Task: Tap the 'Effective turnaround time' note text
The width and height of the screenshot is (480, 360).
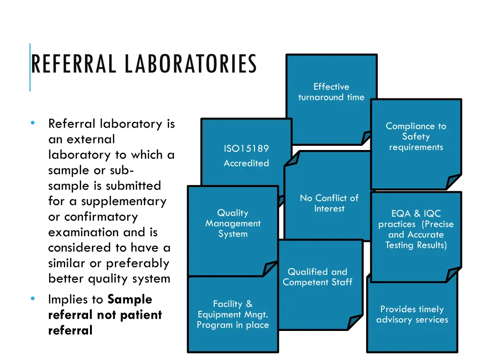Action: [x=331, y=92]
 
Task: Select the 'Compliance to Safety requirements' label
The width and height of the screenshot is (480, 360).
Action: [x=416, y=136]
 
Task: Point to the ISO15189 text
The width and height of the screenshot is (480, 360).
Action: [x=246, y=149]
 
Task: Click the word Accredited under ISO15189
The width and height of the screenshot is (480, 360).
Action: [x=246, y=163]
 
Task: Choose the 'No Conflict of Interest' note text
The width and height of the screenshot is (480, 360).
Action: [x=329, y=203]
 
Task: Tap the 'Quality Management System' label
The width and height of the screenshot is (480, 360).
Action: [x=233, y=224]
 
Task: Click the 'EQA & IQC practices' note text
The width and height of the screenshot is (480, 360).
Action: [x=416, y=229]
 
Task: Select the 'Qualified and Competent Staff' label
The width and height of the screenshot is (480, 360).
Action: [x=317, y=277]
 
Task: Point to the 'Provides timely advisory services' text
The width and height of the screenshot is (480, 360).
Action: [x=412, y=315]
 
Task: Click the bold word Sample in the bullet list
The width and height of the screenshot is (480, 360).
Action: [x=130, y=300]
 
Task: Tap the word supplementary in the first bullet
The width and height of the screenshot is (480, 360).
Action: [x=124, y=202]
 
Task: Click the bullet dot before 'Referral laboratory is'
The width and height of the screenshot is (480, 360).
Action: [x=33, y=123]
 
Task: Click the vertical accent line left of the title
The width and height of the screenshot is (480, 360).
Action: [x=30, y=67]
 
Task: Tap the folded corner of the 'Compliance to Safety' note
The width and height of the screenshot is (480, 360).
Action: [x=453, y=182]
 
